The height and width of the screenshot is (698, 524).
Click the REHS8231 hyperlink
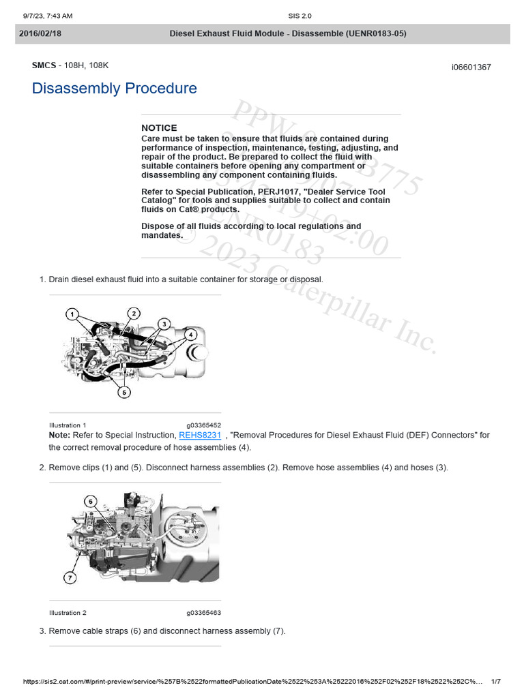(x=200, y=435)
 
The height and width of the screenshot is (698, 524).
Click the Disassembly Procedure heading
(x=114, y=89)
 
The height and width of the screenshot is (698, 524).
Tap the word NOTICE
(x=159, y=128)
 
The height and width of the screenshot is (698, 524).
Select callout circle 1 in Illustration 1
(x=72, y=314)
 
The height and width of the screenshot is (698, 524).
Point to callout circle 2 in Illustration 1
(x=134, y=313)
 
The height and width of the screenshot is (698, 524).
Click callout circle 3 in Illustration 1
(x=164, y=323)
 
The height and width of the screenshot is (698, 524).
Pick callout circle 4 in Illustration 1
(x=191, y=334)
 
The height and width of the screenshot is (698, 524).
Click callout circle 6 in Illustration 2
(x=91, y=501)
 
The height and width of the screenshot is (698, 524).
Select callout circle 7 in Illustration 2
(x=70, y=579)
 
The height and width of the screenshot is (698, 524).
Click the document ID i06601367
(x=471, y=67)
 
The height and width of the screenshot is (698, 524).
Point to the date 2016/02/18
(x=40, y=33)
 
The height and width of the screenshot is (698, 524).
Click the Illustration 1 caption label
(x=68, y=425)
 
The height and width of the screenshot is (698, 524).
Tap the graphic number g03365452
(x=203, y=425)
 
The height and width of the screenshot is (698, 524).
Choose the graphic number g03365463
(x=203, y=613)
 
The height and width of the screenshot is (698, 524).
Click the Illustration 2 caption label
(x=68, y=613)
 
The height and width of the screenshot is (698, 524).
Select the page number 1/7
(x=496, y=682)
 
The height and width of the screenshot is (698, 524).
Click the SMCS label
(x=44, y=65)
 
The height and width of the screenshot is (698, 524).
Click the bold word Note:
(x=59, y=435)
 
